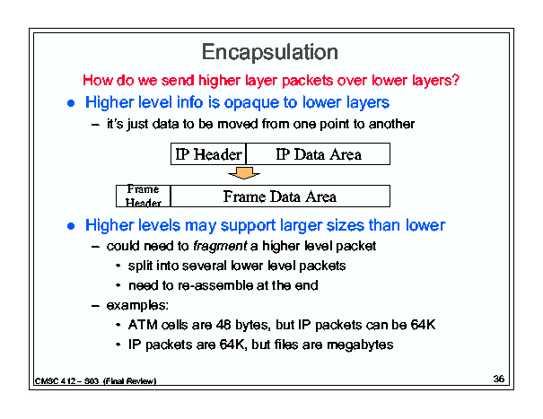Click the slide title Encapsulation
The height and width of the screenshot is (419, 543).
(270, 53)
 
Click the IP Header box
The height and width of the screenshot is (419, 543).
(208, 153)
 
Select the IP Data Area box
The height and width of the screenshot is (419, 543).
(319, 153)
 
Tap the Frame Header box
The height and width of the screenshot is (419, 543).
(144, 196)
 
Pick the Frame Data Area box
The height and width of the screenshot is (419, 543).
(281, 196)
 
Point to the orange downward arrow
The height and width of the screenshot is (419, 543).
(244, 173)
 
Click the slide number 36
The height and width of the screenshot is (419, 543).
(499, 379)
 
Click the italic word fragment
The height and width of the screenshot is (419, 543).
(220, 247)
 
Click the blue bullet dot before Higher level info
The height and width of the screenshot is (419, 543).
(71, 103)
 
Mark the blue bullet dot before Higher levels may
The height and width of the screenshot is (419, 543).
(71, 226)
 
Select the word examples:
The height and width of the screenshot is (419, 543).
(137, 306)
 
